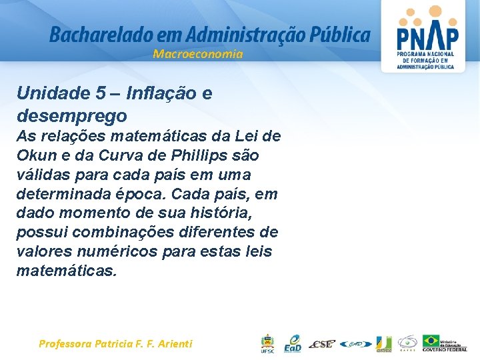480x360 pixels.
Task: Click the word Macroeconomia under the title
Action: [197, 54]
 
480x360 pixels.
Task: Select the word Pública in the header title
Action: [337, 35]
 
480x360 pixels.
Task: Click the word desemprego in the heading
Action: [72, 116]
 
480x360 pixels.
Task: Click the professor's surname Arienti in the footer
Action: [173, 344]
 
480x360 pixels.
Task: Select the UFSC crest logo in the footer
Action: [267, 343]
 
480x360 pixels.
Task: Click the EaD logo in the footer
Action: [293, 343]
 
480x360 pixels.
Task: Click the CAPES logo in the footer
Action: [407, 343]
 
